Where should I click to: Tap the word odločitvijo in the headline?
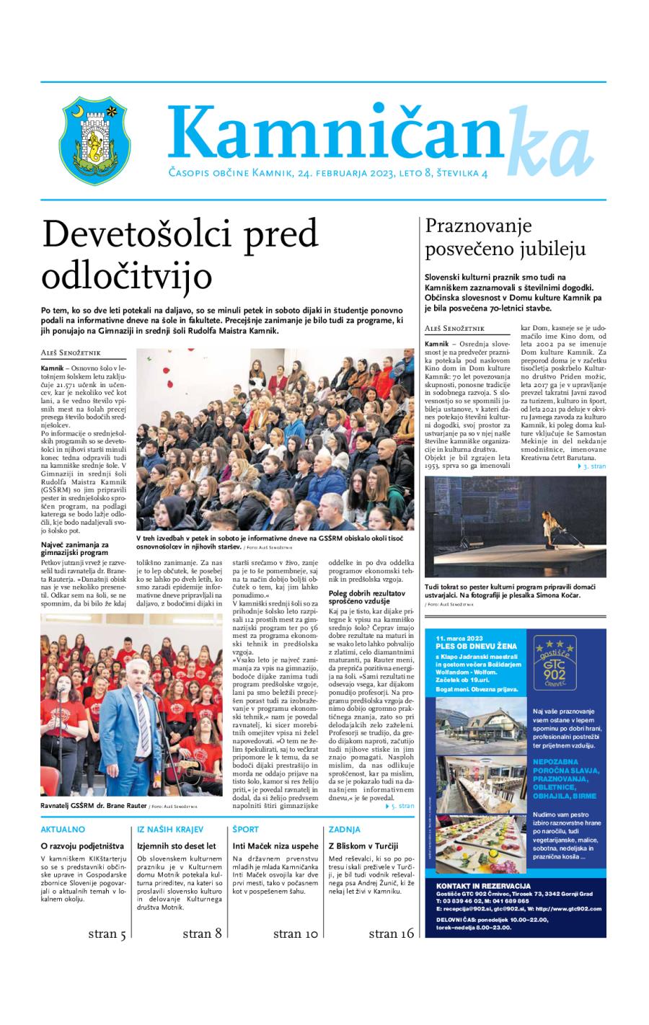(x=127, y=276)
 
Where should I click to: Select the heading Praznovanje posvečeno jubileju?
(x=505, y=237)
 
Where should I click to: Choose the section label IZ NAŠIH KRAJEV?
(x=170, y=830)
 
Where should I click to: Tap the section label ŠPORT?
(x=246, y=830)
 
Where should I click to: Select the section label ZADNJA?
(x=345, y=830)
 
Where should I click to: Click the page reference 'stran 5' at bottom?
(x=107, y=934)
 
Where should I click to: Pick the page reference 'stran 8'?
(x=202, y=934)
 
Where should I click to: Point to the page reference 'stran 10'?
(x=296, y=934)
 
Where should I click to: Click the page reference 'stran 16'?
(x=392, y=934)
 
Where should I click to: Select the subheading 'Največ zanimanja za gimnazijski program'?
(x=75, y=548)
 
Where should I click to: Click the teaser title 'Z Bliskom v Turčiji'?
(x=363, y=846)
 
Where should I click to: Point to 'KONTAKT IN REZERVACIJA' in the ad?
(x=483, y=885)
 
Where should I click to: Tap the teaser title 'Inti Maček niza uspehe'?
(x=275, y=846)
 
